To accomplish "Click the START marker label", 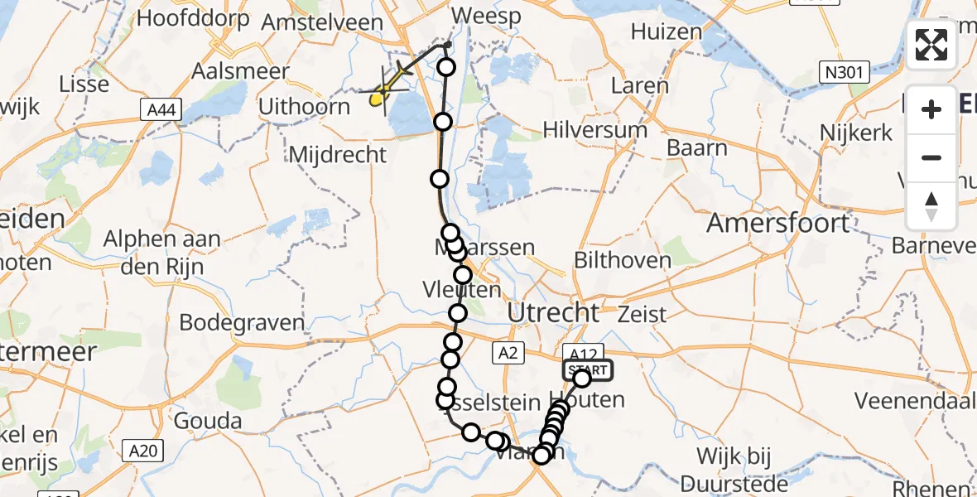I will (x=587, y=369).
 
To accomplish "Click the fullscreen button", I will (x=931, y=45).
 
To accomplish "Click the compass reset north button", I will (x=931, y=206).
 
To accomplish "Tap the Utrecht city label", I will (x=552, y=313).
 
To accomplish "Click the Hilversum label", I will (x=595, y=130).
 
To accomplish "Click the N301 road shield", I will (x=845, y=73).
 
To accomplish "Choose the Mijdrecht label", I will (x=337, y=154).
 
